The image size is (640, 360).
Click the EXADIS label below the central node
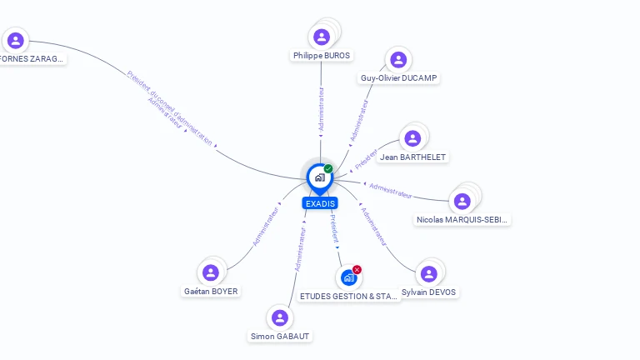[320, 203]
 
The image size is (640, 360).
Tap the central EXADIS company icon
[320, 177]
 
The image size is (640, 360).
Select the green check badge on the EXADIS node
[328, 168]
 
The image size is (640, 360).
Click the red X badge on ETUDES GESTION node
[357, 269]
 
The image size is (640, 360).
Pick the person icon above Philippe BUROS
[322, 37]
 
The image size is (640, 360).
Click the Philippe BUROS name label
[322, 56]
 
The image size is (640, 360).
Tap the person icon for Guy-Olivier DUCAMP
[398, 59]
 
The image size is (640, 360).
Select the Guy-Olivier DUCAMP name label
[398, 78]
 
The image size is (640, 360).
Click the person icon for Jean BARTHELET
[412, 138]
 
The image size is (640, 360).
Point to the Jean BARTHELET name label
[412, 157]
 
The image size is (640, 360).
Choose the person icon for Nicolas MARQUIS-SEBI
[462, 201]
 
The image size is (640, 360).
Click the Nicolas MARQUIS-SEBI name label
[462, 220]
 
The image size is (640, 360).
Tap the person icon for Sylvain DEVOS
[428, 274]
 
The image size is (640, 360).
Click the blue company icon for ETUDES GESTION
[348, 277]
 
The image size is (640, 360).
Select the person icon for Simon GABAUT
[280, 317]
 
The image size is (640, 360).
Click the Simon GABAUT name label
[280, 337]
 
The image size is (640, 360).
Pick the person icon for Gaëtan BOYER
[211, 272]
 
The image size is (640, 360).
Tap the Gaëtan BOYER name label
[211, 292]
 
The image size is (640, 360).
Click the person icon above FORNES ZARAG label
[15, 40]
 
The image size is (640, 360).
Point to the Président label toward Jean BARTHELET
[366, 157]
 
